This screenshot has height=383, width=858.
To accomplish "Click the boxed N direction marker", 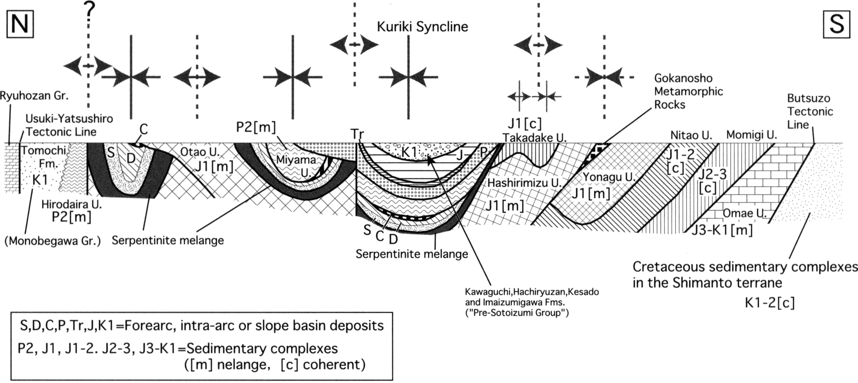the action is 20,24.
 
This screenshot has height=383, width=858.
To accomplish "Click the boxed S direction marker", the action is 836,24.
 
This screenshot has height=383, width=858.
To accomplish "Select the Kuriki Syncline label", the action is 422,26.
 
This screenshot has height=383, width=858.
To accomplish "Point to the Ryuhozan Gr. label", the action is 34,96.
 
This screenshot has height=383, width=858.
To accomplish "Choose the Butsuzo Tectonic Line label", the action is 810,111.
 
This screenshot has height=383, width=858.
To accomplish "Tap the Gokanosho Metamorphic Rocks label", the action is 688,92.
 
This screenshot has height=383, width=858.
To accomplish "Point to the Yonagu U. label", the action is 609,177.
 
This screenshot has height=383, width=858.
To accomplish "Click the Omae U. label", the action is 744,213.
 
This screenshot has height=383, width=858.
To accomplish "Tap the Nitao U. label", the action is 691,135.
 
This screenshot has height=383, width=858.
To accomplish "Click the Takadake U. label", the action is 535,138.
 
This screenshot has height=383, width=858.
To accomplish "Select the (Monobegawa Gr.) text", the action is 53,241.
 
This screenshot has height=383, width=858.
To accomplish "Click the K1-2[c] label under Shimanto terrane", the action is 769,302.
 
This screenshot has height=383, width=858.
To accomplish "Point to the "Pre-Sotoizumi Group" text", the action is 516,312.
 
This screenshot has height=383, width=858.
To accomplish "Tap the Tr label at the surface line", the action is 357,134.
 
